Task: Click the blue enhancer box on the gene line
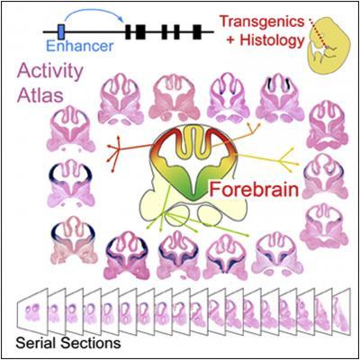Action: [x=61, y=31]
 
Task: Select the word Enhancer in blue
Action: [x=80, y=46]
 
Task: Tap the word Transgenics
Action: [x=262, y=22]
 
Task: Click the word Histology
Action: [x=265, y=40]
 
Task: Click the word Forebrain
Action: [x=255, y=190]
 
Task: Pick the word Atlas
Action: [x=40, y=94]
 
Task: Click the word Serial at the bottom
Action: [x=36, y=343]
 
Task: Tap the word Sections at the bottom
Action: [x=91, y=343]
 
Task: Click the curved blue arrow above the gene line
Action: [x=93, y=12]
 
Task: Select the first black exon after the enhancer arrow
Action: [x=129, y=31]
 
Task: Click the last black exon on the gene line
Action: [x=197, y=31]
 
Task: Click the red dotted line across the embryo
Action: [x=318, y=33]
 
